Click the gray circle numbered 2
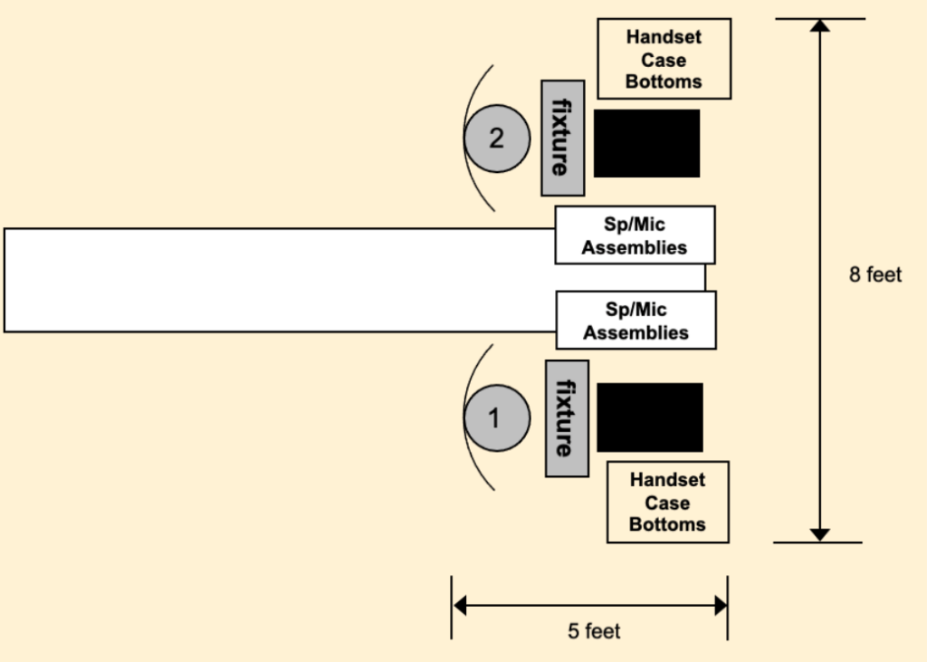(x=496, y=139)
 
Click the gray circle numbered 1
(x=495, y=418)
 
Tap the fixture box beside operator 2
(x=561, y=138)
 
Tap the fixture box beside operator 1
(x=566, y=418)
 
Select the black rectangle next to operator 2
(x=646, y=143)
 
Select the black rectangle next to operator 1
(x=649, y=417)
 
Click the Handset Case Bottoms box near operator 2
(x=664, y=59)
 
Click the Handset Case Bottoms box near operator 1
(x=667, y=503)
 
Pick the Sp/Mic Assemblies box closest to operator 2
(x=634, y=235)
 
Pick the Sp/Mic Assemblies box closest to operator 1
(x=636, y=321)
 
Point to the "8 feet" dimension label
(x=875, y=274)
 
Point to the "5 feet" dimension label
(x=594, y=631)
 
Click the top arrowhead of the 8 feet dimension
(x=820, y=24)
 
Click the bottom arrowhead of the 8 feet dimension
(x=820, y=534)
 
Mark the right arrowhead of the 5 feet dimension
(x=721, y=606)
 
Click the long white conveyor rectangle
(x=272, y=280)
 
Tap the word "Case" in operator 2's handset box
(x=664, y=60)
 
